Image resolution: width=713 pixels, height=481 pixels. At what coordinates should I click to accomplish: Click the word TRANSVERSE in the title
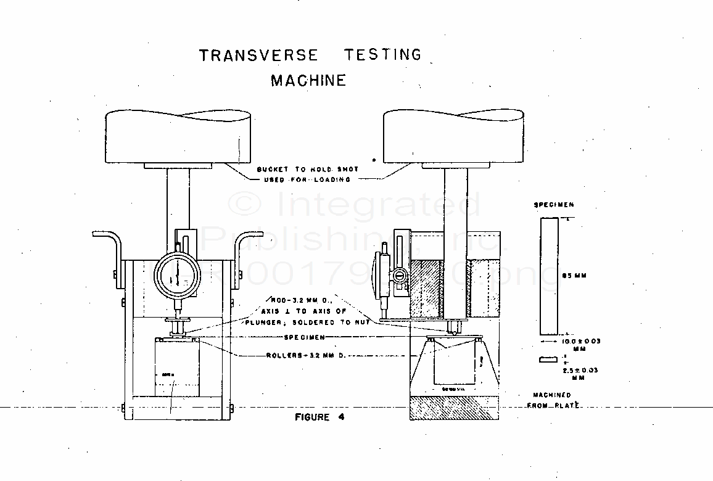tap(258, 55)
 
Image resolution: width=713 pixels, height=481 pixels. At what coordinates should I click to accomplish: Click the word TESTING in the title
tap(382, 55)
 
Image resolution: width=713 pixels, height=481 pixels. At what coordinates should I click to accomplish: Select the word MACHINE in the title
tap(308, 81)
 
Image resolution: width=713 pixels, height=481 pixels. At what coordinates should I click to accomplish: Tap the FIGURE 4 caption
tap(320, 417)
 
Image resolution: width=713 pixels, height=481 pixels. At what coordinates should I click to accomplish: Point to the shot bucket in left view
tap(178, 138)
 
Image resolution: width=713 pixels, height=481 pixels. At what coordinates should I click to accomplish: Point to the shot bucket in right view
tap(455, 138)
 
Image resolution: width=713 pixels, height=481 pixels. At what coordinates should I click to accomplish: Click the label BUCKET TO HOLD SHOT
tap(307, 169)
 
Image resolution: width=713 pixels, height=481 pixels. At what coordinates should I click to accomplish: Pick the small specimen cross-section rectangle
tap(546, 360)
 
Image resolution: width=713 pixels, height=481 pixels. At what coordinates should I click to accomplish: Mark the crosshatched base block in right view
tap(455, 407)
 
